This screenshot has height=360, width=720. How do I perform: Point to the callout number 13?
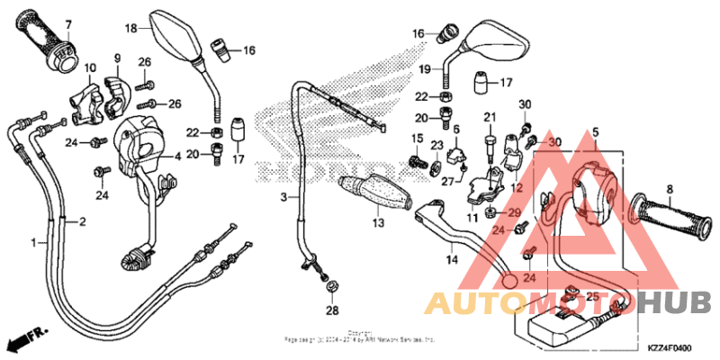(378, 223)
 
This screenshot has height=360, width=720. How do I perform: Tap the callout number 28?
(331, 310)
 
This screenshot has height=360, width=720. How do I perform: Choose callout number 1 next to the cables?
(34, 243)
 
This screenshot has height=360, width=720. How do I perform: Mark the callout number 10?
(90, 67)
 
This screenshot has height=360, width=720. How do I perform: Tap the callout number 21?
(490, 118)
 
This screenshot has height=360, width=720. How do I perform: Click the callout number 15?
(418, 138)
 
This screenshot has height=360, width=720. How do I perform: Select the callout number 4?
(177, 156)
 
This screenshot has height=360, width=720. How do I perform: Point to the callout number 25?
(591, 296)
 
